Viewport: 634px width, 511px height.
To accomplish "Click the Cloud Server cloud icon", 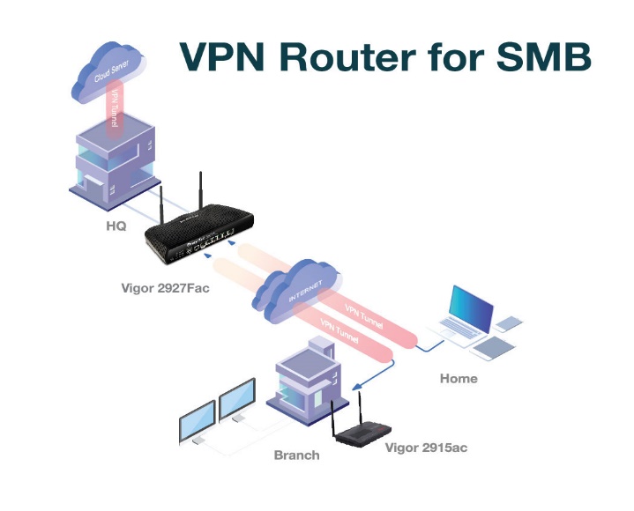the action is pos(108,72).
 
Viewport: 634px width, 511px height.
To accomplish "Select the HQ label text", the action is pos(116,226).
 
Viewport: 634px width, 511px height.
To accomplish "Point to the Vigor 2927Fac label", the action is pos(166,288).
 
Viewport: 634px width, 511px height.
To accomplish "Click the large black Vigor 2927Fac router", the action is pos(200,234).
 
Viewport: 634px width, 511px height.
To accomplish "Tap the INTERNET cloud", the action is pos(297,290).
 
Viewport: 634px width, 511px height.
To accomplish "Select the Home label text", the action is pos(459,379).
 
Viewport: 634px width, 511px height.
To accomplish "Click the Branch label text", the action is pos(297,455).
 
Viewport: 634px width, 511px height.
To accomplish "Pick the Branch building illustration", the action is pos(308,380).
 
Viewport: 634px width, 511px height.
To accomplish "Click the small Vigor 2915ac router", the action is pos(362,433).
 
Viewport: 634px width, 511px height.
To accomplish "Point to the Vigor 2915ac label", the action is pos(426,448).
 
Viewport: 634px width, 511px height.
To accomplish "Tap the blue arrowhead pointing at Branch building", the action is pos(356,387).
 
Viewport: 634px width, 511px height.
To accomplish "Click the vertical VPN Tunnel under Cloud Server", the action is pos(114,109).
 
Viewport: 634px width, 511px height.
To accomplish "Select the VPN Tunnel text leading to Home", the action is pos(363,316).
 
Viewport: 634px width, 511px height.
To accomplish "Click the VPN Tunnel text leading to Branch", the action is pos(339,330).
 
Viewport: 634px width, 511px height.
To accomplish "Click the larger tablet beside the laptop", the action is pos(494,348).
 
